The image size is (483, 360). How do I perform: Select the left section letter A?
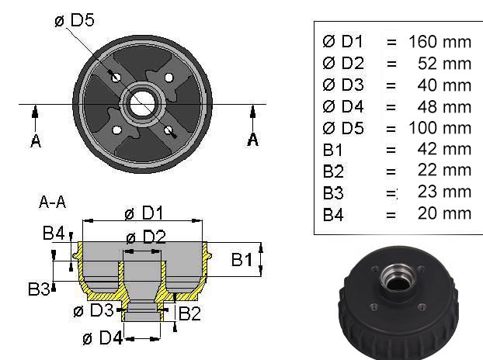tap(36, 141)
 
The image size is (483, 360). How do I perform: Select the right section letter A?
tap(252, 140)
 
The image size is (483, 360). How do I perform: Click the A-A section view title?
tap(52, 202)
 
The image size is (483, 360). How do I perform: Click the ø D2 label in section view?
tap(145, 237)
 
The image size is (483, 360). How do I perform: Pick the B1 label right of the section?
tap(243, 260)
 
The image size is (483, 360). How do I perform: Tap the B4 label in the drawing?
tap(54, 233)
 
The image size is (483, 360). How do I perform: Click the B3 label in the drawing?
tap(40, 289)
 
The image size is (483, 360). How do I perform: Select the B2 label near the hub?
tap(190, 313)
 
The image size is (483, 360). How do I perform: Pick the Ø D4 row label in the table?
tap(342, 106)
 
